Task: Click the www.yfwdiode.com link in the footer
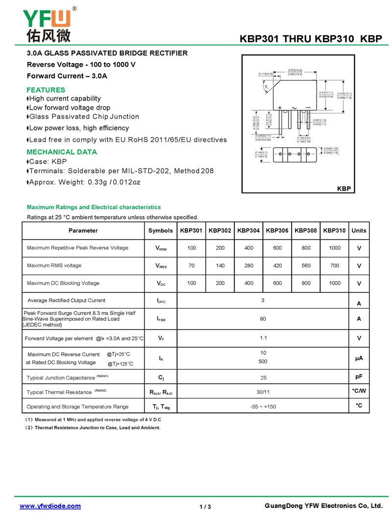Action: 50,506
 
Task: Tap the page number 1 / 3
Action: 205,506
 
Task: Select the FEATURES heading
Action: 46,90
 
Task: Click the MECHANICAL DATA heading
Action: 62,152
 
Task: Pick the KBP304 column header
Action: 248,230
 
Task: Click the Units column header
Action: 359,230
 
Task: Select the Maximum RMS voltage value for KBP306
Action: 277,265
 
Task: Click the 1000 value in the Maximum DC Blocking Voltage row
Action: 335,283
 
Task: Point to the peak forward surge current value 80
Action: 263,319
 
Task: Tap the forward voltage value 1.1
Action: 263,338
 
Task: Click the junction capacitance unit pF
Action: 359,377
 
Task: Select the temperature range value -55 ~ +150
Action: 263,406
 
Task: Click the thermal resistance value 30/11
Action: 263,392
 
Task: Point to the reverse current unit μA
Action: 359,358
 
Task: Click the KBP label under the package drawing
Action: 343,189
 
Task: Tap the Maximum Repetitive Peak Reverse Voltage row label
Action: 77,248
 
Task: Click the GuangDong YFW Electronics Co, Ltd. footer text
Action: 323,505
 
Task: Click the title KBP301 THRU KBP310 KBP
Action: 311,40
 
